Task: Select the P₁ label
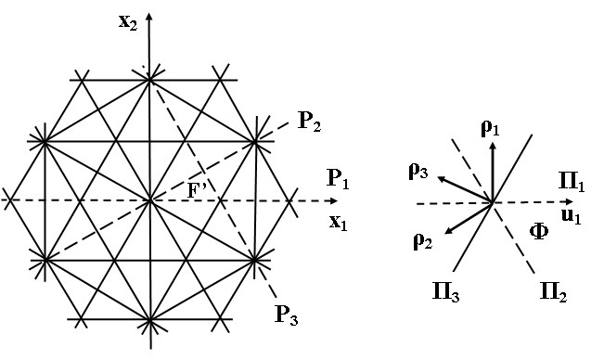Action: tap(338, 178)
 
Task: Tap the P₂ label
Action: tap(309, 122)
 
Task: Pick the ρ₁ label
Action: tap(491, 128)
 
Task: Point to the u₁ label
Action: tap(572, 216)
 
